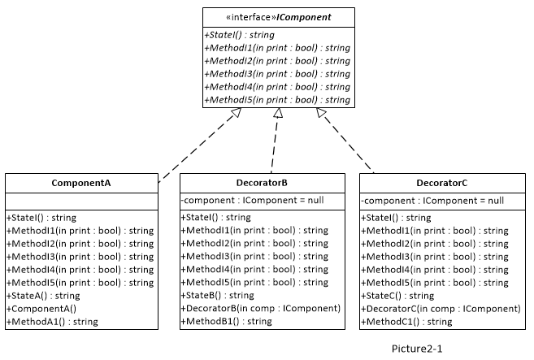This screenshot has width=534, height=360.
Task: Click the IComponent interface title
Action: point(279,17)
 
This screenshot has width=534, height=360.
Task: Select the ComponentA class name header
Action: point(81,183)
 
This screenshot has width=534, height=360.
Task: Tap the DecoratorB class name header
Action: point(262,183)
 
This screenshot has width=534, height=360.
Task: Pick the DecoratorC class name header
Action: point(442,183)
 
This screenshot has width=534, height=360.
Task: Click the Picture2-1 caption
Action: point(417,349)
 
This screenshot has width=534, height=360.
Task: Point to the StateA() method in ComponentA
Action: point(43,296)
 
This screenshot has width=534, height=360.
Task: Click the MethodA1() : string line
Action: point(52,322)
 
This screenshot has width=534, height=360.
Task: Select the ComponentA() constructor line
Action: point(41,309)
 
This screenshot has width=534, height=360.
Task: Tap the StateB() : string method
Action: point(218,295)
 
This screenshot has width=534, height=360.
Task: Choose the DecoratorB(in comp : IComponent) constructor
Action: point(261,308)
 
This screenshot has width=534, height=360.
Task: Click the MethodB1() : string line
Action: point(227,321)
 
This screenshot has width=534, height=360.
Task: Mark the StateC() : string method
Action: point(397,296)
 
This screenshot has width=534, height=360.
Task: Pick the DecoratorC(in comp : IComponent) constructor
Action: point(441,309)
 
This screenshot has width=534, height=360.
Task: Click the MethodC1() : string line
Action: point(406,322)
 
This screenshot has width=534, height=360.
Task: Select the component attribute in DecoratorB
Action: point(252,200)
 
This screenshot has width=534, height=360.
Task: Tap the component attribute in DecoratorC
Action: point(432,201)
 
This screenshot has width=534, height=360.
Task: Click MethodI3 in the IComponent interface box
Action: point(277,74)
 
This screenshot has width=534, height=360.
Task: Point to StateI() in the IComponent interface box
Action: point(240,35)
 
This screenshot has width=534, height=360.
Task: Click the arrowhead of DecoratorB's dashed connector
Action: point(278,113)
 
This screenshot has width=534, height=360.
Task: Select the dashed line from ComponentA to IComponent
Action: point(200,145)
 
